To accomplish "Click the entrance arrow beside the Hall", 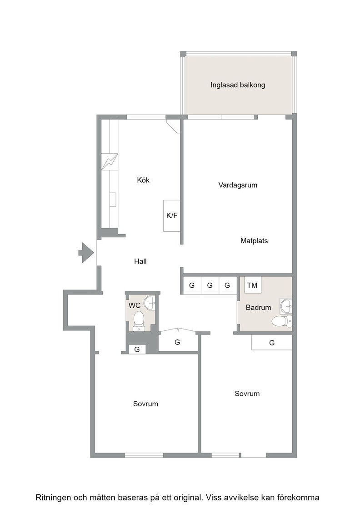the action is [x=86, y=253].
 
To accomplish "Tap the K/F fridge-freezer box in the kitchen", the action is [x=172, y=215].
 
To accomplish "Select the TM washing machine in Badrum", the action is [x=253, y=285].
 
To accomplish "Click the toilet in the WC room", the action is [x=139, y=321].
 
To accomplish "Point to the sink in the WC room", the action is [x=150, y=303].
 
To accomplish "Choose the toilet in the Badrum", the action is [x=281, y=321].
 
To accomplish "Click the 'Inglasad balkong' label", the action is [x=238, y=85].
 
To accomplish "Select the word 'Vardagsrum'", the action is [x=238, y=185].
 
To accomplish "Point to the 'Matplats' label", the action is [x=254, y=241].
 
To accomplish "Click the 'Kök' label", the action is [x=143, y=180].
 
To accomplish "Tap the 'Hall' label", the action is [x=140, y=261].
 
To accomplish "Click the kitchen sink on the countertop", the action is [x=113, y=200].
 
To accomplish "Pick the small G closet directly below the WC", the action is [x=137, y=349].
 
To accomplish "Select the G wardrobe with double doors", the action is [x=178, y=342].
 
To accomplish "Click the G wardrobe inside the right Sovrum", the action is [x=272, y=343].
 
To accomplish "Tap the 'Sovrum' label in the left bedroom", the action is [x=145, y=404].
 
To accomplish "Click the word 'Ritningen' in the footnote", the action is [x=53, y=497].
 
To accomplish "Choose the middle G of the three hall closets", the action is [x=210, y=285].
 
